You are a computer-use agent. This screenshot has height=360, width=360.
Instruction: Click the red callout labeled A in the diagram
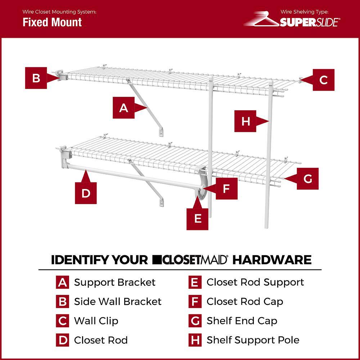coord(123,108)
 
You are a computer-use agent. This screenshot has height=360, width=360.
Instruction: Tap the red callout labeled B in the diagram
coord(36,78)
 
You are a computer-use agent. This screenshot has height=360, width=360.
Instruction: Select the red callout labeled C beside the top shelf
coord(323,80)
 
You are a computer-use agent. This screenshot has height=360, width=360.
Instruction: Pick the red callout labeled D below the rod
coord(86,193)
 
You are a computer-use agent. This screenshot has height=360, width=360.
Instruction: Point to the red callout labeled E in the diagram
coord(197,219)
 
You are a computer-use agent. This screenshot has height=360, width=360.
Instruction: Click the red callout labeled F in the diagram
coord(226,188)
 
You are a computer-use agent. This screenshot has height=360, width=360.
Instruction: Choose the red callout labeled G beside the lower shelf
coord(308,179)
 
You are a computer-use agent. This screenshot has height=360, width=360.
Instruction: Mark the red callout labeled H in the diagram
coord(246,121)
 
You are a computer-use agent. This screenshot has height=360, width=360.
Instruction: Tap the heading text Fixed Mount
coord(52,22)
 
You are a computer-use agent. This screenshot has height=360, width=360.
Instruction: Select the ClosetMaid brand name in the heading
coord(190,260)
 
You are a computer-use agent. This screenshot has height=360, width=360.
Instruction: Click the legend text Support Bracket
coord(114,282)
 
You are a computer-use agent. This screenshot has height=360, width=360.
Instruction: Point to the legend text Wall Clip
coord(96,321)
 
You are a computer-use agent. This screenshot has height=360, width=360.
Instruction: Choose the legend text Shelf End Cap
coord(242,321)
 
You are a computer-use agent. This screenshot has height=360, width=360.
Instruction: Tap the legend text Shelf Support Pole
coord(253,340)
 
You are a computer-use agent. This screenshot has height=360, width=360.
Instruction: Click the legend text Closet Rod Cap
coord(244,302)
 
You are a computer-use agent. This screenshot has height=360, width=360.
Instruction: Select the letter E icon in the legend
coord(194,283)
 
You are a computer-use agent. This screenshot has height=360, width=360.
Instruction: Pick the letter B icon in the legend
coord(62,302)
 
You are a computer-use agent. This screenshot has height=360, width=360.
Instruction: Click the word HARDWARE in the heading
coord(272,260)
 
